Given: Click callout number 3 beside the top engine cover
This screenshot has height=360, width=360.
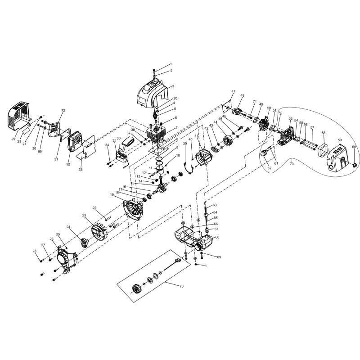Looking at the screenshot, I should (173, 85).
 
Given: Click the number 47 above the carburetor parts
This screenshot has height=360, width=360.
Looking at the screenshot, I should (233, 92).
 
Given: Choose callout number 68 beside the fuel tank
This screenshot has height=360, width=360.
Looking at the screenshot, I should (217, 237).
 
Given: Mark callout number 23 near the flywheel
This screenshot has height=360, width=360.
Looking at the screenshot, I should (84, 216).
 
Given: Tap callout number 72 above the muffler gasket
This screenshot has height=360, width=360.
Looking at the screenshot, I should (63, 111).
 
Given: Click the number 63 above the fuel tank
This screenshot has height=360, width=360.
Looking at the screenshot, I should (215, 205).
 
